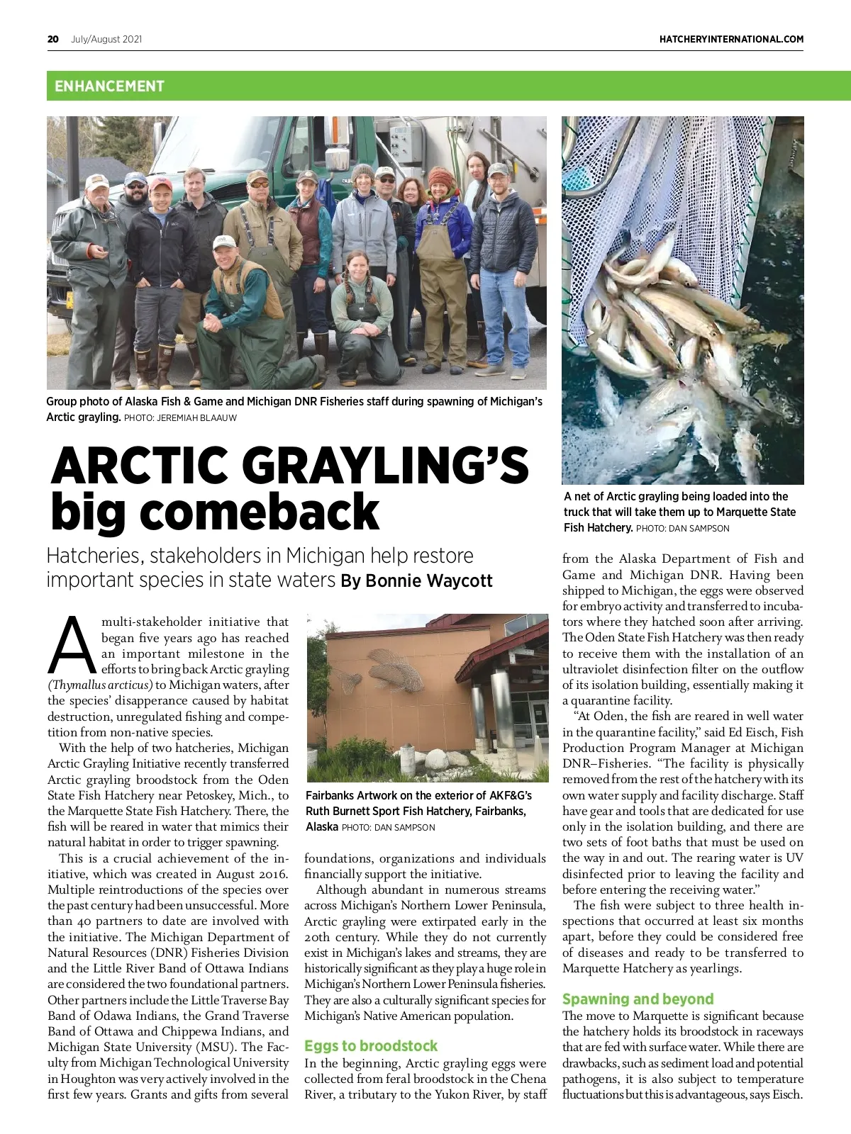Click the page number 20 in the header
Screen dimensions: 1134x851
point(53,39)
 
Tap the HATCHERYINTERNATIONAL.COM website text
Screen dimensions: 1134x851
point(731,39)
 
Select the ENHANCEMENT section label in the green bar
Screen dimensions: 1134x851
point(109,86)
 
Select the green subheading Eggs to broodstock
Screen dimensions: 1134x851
point(371,1046)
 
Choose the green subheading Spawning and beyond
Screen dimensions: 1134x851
point(638,999)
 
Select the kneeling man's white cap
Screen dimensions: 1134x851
point(225,241)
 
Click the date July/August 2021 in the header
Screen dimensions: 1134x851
point(106,39)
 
